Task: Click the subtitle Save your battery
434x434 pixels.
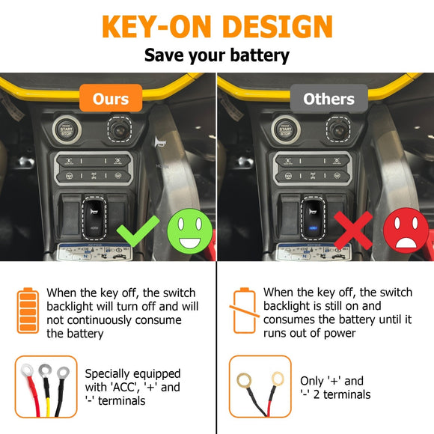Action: pos(217,55)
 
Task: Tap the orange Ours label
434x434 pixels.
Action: pos(110,99)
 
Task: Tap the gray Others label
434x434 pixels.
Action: pos(328,99)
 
